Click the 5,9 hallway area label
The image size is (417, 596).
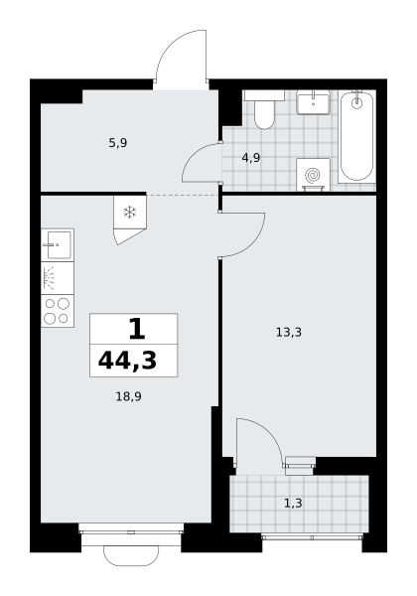click(x=118, y=143)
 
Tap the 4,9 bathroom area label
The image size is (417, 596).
click(x=251, y=157)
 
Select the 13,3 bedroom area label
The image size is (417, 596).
click(x=289, y=333)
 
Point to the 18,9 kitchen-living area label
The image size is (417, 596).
click(x=129, y=396)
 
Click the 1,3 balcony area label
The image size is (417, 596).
click(x=293, y=504)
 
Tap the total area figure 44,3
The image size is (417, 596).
click(x=127, y=361)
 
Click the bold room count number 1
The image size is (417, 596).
click(x=137, y=329)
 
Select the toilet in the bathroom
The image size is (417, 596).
click(x=264, y=109)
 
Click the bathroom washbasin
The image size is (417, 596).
click(x=313, y=102)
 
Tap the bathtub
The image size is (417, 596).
click(x=356, y=136)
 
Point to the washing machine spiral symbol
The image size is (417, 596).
click(x=313, y=175)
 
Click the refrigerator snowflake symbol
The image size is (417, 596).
click(x=130, y=213)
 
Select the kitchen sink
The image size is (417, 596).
click(x=58, y=244)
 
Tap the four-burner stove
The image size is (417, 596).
click(x=58, y=311)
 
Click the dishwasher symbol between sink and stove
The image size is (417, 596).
click(x=58, y=278)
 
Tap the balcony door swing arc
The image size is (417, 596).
click(x=269, y=432)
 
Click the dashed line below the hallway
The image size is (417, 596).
click(x=183, y=195)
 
